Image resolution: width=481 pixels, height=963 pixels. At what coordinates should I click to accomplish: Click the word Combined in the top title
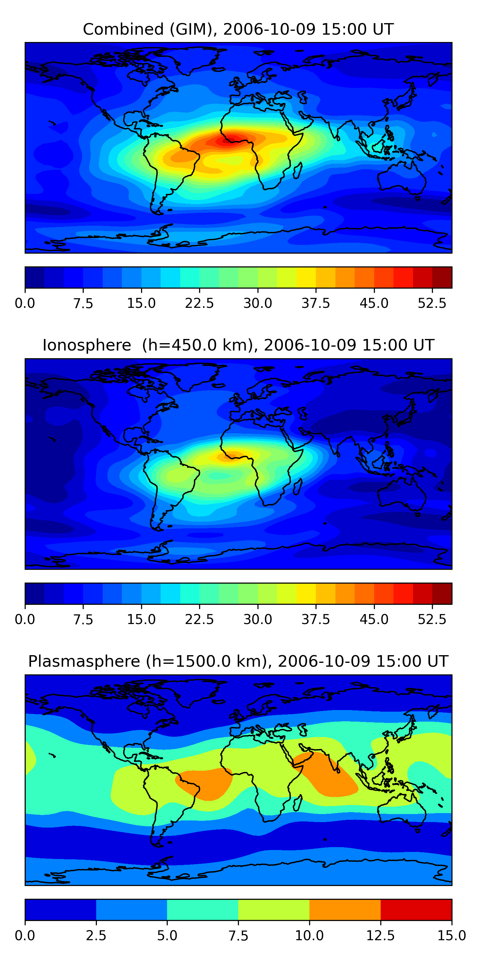point(123,29)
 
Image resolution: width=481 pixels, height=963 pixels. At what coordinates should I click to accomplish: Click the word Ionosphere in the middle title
point(87,345)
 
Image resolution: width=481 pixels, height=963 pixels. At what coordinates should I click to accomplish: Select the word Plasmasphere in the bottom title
point(84,661)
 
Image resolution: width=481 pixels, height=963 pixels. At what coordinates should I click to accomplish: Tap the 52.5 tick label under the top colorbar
point(432,303)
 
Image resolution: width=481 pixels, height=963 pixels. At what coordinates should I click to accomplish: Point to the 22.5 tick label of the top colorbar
point(199,303)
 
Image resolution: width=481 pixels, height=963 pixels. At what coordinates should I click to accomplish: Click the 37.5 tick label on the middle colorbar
point(316,620)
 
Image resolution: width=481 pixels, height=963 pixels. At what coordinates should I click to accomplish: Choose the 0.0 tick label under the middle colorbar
point(25,620)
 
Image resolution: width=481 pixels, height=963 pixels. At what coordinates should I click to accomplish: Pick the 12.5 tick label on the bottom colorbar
point(381,936)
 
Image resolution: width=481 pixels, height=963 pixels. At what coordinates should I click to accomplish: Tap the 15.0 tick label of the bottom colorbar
point(451,936)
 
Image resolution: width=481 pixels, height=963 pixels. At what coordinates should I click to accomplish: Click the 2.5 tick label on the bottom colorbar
point(96,936)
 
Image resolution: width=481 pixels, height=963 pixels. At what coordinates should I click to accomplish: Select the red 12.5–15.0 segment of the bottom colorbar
point(416,909)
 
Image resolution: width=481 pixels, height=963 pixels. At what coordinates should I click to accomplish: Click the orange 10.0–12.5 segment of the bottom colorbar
point(345,909)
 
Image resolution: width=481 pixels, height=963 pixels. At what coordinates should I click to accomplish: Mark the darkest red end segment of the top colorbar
point(442,277)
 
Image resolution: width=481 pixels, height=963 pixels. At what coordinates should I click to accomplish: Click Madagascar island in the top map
point(298,170)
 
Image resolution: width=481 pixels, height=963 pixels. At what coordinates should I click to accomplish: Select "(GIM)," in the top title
point(193,29)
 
